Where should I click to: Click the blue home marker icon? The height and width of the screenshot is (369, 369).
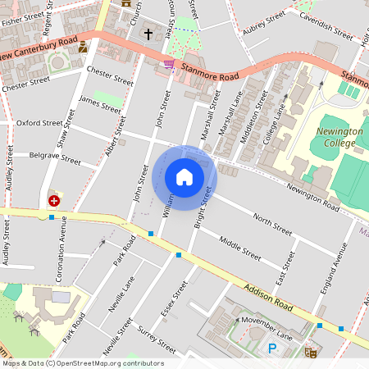point(184,177)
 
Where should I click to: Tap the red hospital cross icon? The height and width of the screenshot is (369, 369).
point(54,200)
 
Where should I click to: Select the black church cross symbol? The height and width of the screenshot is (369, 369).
point(148,34)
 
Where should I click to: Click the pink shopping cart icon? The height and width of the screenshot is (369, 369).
point(169,65)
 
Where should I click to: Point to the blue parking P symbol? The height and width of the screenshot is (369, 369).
point(273,348)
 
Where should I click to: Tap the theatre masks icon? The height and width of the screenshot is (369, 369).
point(311,351)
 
